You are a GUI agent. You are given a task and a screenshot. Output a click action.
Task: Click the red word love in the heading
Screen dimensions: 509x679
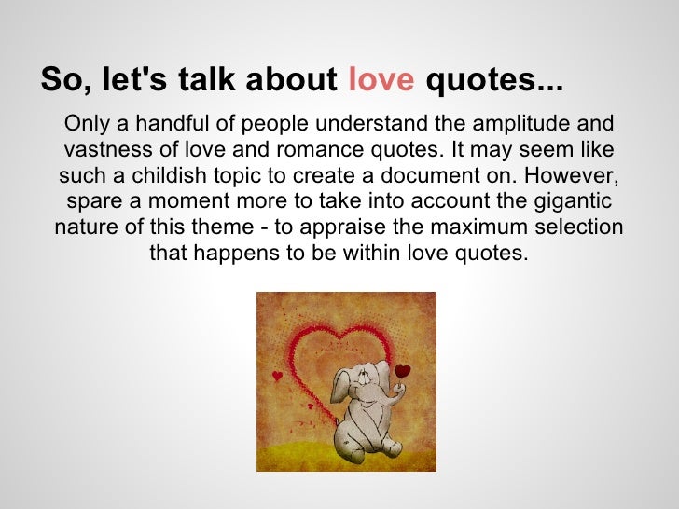(x=381, y=82)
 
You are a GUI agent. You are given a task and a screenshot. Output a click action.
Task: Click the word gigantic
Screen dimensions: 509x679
(x=572, y=202)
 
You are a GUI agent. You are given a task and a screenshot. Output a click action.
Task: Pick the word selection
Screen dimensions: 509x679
(x=577, y=228)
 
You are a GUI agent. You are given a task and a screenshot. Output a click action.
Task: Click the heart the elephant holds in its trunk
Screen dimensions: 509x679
(x=402, y=371)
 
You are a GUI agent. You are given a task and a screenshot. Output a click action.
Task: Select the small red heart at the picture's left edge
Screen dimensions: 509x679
(x=276, y=376)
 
